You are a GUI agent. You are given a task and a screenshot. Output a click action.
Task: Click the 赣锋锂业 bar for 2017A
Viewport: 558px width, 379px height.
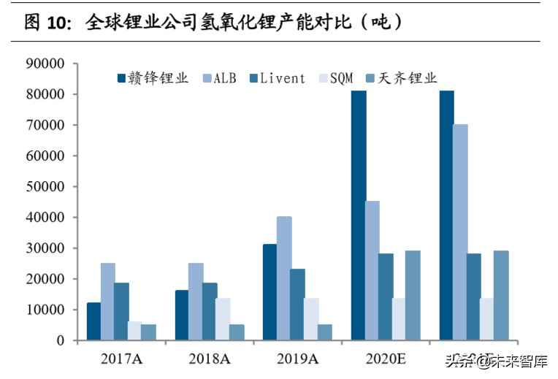[x=93, y=321]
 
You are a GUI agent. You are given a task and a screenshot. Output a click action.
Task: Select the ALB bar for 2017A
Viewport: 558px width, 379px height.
[x=107, y=302]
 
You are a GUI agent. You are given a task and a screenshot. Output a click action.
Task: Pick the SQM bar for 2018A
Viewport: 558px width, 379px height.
[x=223, y=319]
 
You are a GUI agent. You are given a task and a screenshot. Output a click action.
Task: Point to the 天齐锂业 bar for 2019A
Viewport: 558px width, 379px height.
[x=324, y=332]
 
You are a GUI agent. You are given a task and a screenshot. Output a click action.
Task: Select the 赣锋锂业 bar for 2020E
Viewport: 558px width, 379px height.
[x=358, y=215]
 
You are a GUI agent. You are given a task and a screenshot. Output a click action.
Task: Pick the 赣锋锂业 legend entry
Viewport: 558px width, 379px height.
[x=153, y=78]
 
